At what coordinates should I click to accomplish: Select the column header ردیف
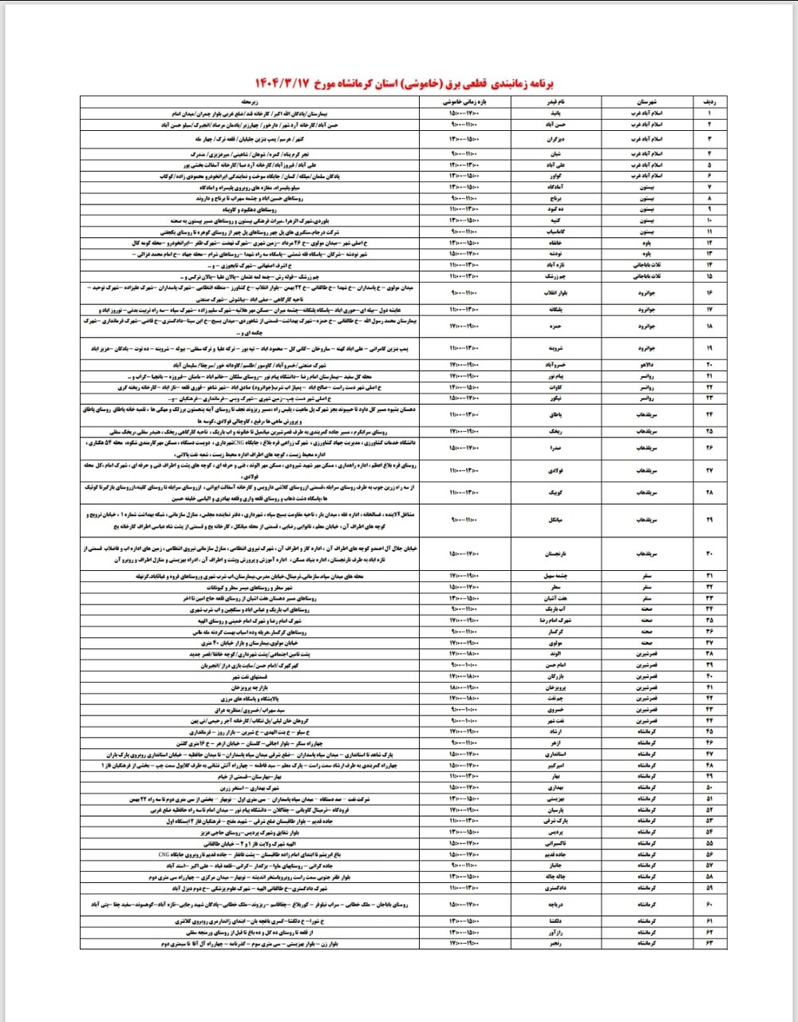tap(708, 102)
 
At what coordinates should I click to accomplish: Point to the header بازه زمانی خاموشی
tap(464, 102)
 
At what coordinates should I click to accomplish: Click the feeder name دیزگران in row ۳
tap(559, 139)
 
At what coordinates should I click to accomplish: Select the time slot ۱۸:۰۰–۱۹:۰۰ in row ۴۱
tap(464, 687)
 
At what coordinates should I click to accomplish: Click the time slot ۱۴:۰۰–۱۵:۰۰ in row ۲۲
tap(464, 386)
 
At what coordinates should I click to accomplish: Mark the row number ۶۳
tap(708, 944)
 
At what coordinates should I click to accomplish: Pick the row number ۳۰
tap(708, 553)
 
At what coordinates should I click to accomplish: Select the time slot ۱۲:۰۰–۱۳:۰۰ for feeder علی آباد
tap(464, 164)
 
